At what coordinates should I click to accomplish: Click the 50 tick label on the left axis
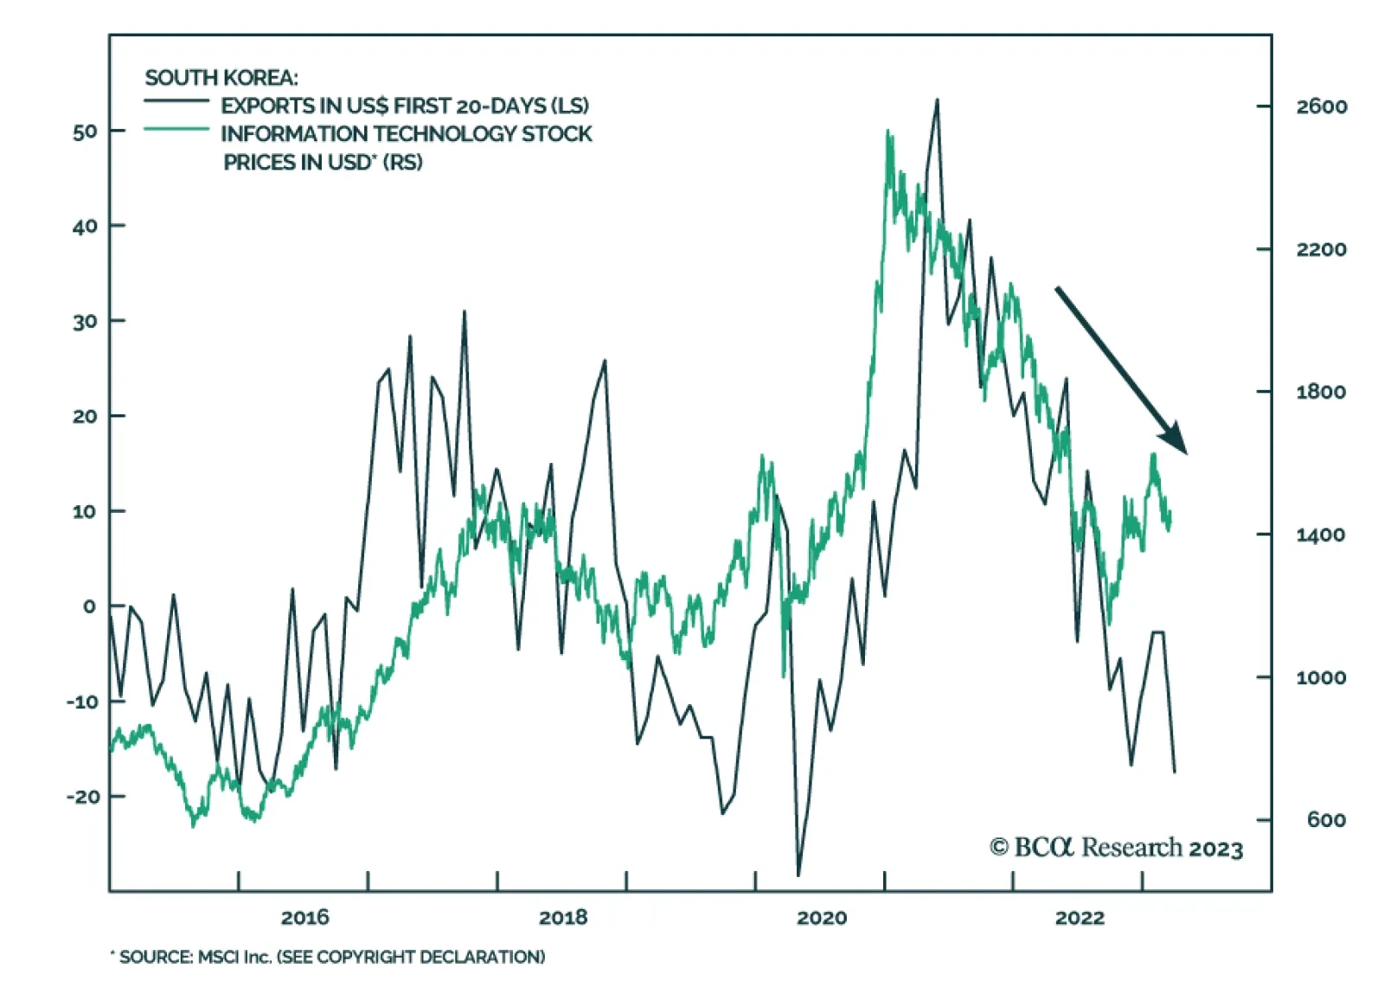[86, 131]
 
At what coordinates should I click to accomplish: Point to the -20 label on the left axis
[83, 796]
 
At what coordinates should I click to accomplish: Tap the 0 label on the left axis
[89, 606]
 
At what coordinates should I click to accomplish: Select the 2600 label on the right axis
[1321, 106]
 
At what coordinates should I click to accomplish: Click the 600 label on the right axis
[1326, 820]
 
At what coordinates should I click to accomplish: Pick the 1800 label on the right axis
[1321, 392]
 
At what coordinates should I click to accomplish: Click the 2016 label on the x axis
[304, 918]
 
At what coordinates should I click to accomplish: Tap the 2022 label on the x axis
[1080, 918]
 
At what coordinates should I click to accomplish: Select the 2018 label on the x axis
[562, 918]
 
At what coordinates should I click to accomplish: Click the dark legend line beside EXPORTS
[176, 101]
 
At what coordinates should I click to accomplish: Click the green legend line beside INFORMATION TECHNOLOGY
[176, 129]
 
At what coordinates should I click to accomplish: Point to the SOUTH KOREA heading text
[221, 78]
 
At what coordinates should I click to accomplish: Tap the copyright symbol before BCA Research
[999, 848]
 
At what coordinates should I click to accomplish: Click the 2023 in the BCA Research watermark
[1215, 849]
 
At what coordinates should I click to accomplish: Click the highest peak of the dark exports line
[937, 100]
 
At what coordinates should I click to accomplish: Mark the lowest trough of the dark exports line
[798, 875]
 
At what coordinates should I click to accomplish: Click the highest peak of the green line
[887, 131]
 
